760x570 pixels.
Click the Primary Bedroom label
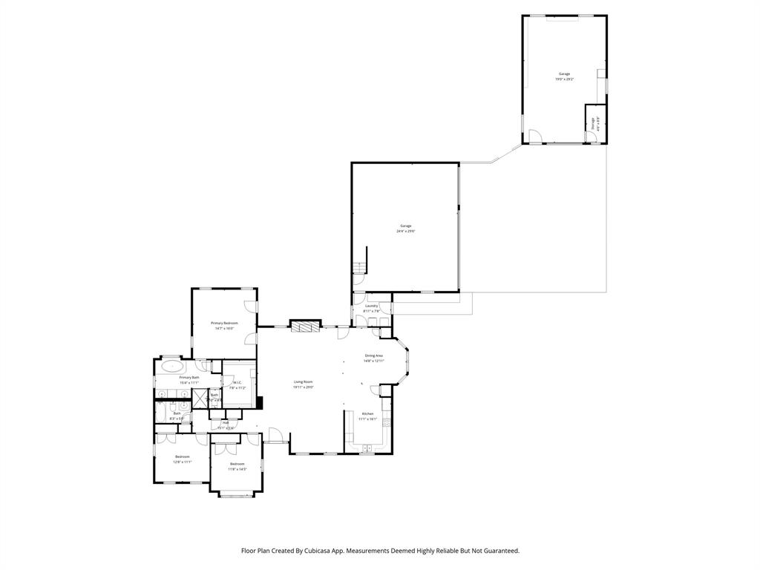click(x=224, y=323)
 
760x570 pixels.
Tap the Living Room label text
click(x=303, y=381)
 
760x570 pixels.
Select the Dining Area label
click(x=373, y=356)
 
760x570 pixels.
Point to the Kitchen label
click(x=367, y=413)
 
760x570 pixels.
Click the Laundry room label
click(x=372, y=306)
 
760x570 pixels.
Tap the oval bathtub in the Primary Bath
click(x=172, y=366)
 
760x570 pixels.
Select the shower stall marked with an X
click(x=199, y=398)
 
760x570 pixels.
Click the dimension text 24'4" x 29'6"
click(x=405, y=231)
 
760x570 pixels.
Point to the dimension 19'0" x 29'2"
click(x=564, y=79)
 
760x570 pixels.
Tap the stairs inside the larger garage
click(x=359, y=265)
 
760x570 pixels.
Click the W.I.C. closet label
click(x=237, y=383)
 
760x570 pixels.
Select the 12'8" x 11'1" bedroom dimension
click(x=183, y=462)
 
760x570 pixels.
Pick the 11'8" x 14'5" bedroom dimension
click(x=237, y=469)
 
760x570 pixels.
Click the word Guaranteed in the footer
click(x=499, y=551)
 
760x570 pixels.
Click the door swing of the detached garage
click(x=534, y=137)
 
